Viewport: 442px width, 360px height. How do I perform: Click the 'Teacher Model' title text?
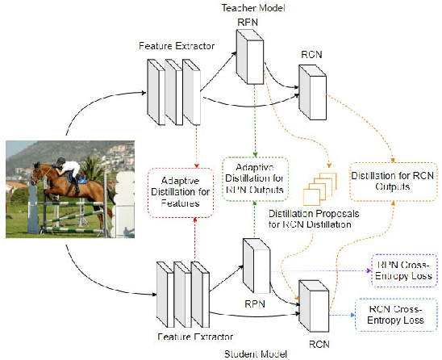point(247,7)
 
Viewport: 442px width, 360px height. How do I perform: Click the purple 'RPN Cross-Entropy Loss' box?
point(403,270)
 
